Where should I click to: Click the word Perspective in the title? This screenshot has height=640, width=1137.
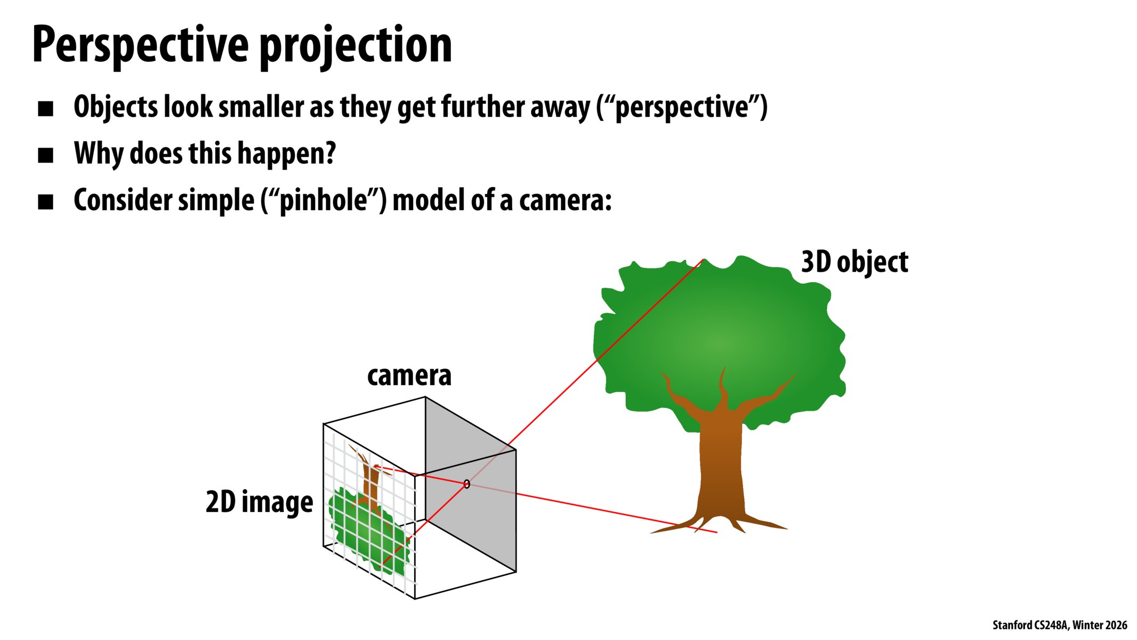[140, 46]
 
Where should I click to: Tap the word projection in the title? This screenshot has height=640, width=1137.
[356, 46]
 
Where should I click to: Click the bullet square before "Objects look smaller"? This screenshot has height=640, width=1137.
[46, 109]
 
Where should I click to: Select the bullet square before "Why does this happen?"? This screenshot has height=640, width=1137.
[46, 155]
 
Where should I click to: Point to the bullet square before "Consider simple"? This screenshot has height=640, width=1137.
[46, 202]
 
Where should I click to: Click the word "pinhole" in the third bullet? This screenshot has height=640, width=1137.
[324, 201]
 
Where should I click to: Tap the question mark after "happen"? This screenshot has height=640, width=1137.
[330, 154]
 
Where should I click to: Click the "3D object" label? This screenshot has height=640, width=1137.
[854, 262]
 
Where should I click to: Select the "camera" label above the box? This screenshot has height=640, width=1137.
[409, 375]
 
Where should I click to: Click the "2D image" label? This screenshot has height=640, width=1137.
[259, 502]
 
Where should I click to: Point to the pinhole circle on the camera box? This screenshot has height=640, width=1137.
[467, 484]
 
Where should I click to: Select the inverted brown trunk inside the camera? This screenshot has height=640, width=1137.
[369, 477]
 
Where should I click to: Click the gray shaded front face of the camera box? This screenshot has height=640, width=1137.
[471, 483]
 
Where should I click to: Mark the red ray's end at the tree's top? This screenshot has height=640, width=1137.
[704, 260]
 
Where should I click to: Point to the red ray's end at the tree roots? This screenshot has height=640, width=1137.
[717, 532]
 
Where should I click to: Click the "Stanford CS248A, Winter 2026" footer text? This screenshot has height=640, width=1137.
[1060, 625]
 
